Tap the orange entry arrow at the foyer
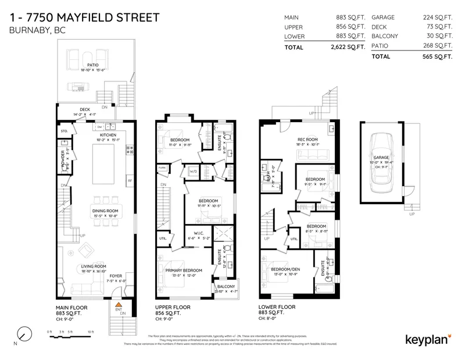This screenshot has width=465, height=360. click(118, 304)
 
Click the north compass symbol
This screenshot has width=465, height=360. click(24, 334)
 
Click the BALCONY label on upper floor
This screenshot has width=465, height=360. click(226, 286)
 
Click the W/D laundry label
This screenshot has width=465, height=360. click(192, 171)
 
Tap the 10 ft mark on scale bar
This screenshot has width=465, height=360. click(90, 332)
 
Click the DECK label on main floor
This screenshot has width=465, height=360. click(85, 110)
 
